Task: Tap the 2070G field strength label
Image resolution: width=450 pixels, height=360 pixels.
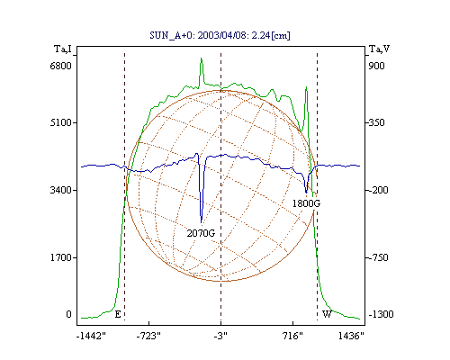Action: [201, 233]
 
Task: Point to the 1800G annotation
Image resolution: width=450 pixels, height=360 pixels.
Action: [306, 203]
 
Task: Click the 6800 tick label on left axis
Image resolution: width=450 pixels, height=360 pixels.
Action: [60, 66]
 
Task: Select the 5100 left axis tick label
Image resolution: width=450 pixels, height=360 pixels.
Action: [60, 122]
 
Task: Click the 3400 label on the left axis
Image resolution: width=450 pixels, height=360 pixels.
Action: [60, 190]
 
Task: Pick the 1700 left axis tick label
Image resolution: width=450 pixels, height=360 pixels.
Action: [60, 257]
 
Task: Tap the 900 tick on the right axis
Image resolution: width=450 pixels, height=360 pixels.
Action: [376, 66]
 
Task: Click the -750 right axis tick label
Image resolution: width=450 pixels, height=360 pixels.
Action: [378, 257]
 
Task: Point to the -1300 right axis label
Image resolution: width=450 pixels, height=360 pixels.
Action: [381, 314]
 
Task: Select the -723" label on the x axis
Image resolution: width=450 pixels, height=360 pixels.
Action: [148, 336]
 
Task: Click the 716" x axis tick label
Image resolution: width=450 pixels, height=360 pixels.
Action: [292, 336]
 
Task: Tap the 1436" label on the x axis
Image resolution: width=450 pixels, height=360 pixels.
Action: [351, 336]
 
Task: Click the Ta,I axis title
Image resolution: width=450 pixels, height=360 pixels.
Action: [63, 49]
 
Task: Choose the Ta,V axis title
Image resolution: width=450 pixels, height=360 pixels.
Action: [379, 49]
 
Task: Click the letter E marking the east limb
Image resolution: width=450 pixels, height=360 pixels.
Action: [118, 314]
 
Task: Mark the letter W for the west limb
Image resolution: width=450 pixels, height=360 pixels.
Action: [327, 314]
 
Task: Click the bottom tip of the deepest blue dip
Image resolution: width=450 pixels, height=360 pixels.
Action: [202, 223]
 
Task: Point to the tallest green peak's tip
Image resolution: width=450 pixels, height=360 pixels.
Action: [202, 58]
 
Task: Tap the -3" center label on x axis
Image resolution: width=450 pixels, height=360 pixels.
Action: [220, 336]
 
